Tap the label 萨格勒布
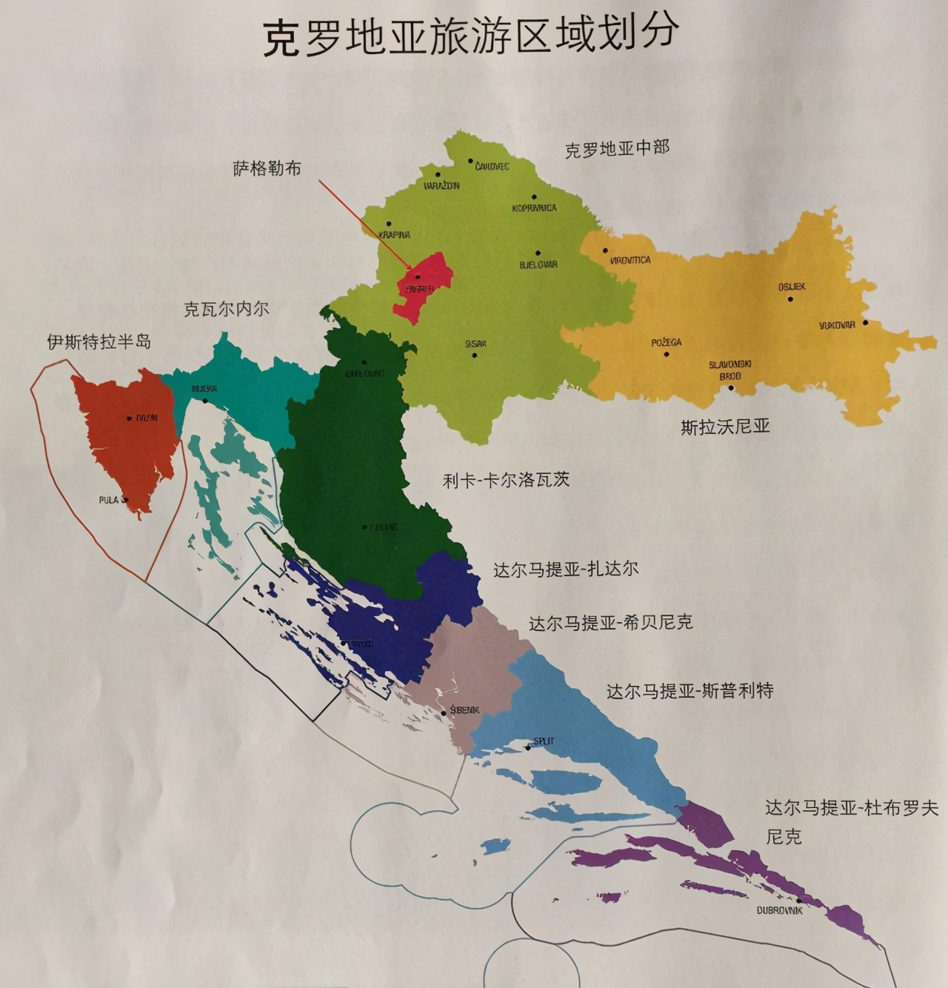point(267,169)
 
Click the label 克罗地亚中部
point(617,148)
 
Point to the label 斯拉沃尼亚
point(725,427)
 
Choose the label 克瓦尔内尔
point(227,309)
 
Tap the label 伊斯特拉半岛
point(99,341)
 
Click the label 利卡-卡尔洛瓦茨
point(506,480)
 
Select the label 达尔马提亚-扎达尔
point(566,570)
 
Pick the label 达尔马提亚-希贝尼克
point(610,623)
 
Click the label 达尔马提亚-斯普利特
point(690,691)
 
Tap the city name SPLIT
point(543,741)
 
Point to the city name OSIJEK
point(792,287)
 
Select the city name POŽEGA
point(667,342)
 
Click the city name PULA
point(109,500)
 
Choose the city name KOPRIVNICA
point(534,208)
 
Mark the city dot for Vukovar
point(865,323)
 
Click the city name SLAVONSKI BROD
point(730,370)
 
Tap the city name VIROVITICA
point(630,260)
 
